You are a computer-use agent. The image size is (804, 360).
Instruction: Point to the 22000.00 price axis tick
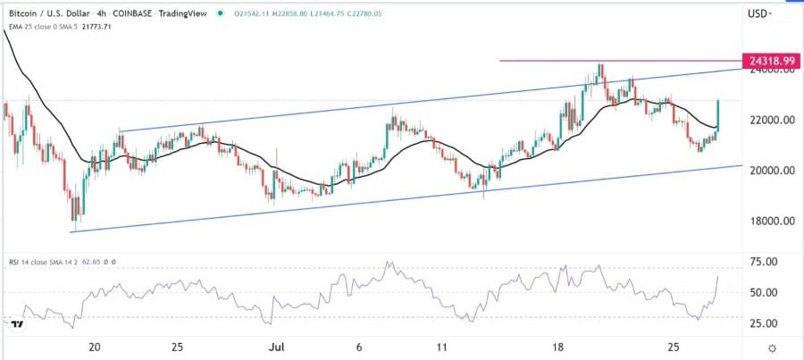(x=771, y=120)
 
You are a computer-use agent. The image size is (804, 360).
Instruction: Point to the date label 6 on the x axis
(x=359, y=345)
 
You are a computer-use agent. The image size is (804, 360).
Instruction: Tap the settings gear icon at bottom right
(x=771, y=347)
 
